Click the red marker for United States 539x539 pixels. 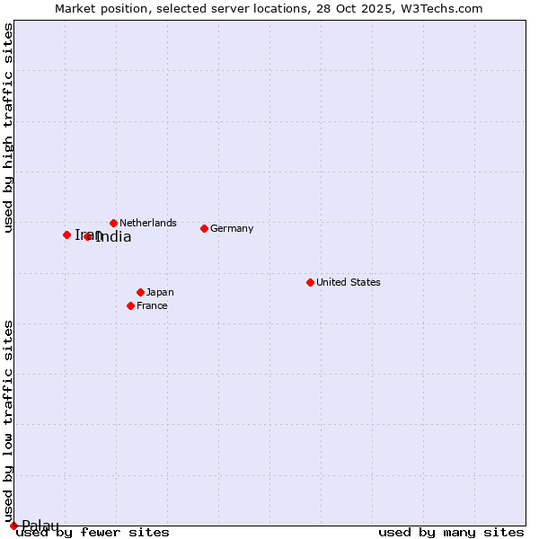pyautogui.click(x=310, y=282)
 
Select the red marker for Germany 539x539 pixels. pyautogui.click(x=204, y=228)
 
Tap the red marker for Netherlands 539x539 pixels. pyautogui.click(x=113, y=223)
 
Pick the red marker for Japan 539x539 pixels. pyautogui.click(x=140, y=292)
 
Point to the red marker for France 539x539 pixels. pyautogui.click(x=130, y=305)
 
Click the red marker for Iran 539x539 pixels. pyautogui.click(x=66, y=234)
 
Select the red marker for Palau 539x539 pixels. pyautogui.click(x=13, y=526)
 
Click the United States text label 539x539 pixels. pyautogui.click(x=349, y=282)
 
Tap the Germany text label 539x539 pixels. pyautogui.click(x=232, y=228)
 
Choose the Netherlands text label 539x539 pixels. pyautogui.click(x=148, y=223)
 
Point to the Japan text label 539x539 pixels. pyautogui.click(x=160, y=292)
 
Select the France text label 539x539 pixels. pyautogui.click(x=152, y=305)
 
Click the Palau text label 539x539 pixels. pyautogui.click(x=40, y=526)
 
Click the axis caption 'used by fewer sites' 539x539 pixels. pyautogui.click(x=93, y=532)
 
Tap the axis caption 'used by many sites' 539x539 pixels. pyautogui.click(x=451, y=532)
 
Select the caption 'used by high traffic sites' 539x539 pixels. pyautogui.click(x=9, y=128)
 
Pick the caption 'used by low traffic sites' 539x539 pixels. pyautogui.click(x=9, y=420)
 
